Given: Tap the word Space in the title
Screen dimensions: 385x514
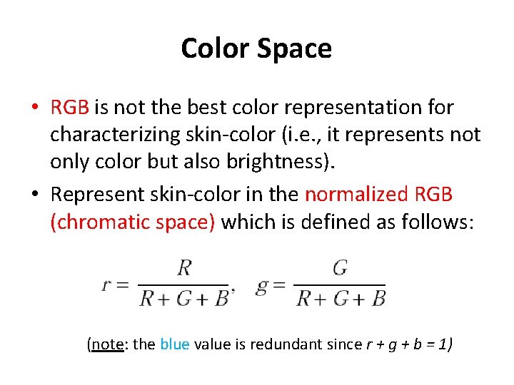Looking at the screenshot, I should click(295, 48).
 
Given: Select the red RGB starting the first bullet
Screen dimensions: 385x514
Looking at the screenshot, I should click(69, 108).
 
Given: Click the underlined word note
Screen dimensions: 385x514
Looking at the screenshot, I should click(108, 344).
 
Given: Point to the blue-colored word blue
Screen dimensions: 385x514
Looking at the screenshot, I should click(175, 344).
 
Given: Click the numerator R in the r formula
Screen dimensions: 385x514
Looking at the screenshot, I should click(184, 268).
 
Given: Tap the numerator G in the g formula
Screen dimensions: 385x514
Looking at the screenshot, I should click(340, 268).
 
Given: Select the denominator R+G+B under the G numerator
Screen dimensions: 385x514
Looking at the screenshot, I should click(341, 297).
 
